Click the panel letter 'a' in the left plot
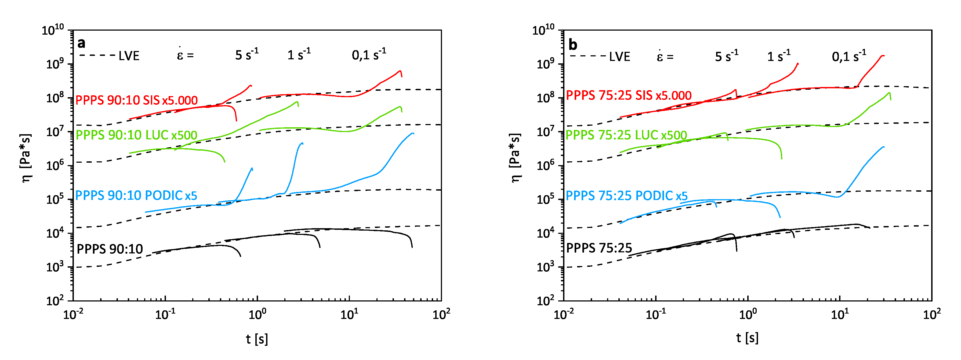81,43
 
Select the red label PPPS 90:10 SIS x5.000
137,100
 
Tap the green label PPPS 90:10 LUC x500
137,135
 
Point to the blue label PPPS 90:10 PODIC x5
136,195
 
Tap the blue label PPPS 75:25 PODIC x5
627,195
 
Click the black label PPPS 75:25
599,248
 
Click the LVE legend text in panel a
129,56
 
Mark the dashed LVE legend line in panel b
588,56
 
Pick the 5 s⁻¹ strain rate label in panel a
246,54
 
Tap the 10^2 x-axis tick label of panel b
931,314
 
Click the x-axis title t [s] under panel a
257,339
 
